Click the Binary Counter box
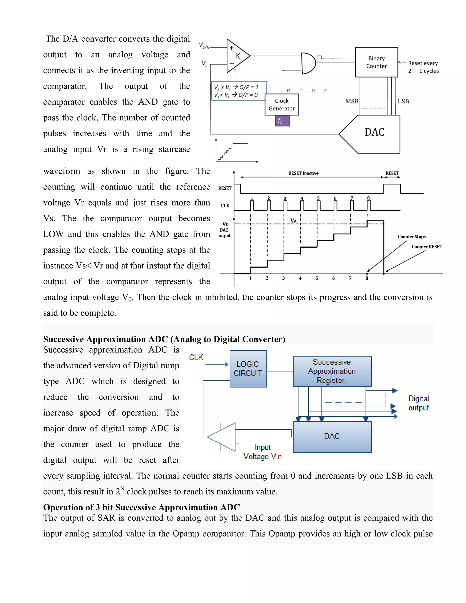click(x=376, y=62)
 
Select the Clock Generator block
click(x=282, y=105)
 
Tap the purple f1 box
click(x=282, y=121)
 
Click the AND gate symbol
click(x=308, y=63)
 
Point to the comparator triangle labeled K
click(x=237, y=56)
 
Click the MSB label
click(x=352, y=101)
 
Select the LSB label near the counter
click(x=403, y=101)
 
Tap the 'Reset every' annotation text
click(x=423, y=63)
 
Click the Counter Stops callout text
click(x=411, y=237)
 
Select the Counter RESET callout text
click(x=427, y=247)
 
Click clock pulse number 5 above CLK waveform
click(x=318, y=198)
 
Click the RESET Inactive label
click(x=303, y=173)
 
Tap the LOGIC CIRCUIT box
click(x=248, y=369)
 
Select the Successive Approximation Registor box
click(x=332, y=371)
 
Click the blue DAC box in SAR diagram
click(x=332, y=436)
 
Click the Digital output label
click(x=418, y=403)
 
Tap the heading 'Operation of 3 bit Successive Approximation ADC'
click(x=141, y=507)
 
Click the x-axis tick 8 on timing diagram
click(x=367, y=278)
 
